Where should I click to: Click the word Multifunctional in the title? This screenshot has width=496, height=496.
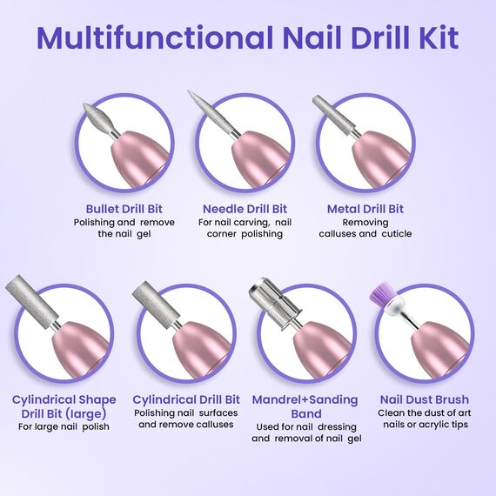(x=155, y=37)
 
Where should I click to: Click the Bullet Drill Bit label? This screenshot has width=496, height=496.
(x=124, y=209)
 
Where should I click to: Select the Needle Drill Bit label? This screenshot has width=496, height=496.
(x=245, y=209)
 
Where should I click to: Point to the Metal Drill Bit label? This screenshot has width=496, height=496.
(x=365, y=209)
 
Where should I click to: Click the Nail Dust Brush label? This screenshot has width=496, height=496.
(x=424, y=399)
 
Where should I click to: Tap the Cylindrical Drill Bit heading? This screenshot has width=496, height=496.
(x=186, y=399)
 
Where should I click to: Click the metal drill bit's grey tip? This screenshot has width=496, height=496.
(x=332, y=115)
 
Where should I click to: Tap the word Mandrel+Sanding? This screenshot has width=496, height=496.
(x=305, y=399)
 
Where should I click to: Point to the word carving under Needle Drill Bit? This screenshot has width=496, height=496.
(x=251, y=223)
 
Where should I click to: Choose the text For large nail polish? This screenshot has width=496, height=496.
(x=64, y=426)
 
